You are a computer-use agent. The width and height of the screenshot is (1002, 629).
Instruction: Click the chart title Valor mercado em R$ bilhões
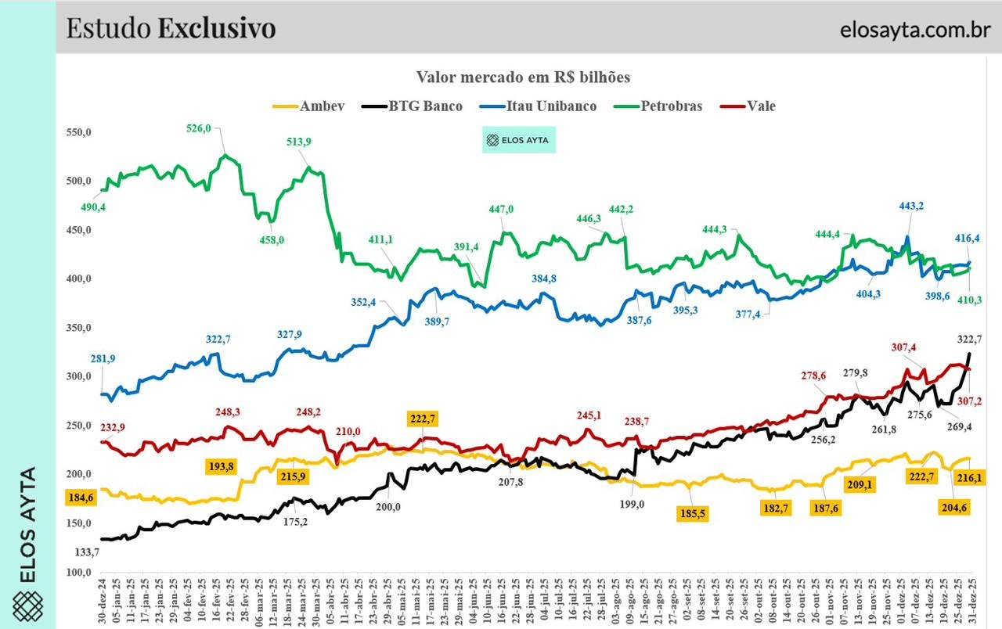click(523, 77)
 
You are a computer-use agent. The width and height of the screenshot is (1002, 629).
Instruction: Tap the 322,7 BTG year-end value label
click(970, 339)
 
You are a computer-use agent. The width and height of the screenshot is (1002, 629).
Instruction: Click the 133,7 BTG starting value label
click(87, 552)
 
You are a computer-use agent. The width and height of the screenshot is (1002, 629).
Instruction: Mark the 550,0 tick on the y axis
click(78, 133)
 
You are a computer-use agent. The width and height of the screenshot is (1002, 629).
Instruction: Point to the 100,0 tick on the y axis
click(78, 572)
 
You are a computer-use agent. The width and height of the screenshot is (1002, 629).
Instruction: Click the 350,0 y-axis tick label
click(78, 328)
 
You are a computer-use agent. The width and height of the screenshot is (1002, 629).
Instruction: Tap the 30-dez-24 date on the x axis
click(103, 602)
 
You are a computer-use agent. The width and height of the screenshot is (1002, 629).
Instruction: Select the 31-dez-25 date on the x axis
click(971, 602)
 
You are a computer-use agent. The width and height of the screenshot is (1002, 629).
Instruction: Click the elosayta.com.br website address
click(914, 29)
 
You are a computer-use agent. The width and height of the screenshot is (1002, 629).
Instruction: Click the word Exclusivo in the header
click(217, 28)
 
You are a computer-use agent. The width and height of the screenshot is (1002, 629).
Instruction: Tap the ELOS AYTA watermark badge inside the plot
click(517, 141)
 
